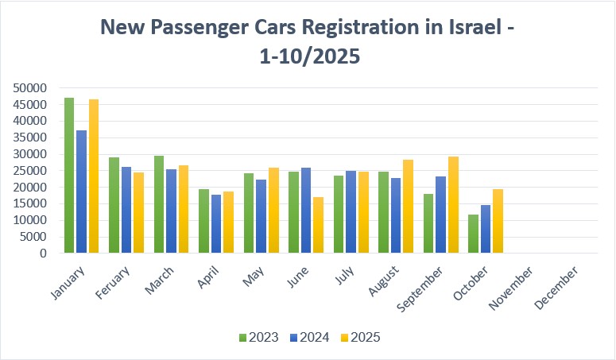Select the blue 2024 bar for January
pyautogui.click(x=81, y=192)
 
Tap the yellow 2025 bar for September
pyautogui.click(x=453, y=205)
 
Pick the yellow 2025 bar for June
pyautogui.click(x=319, y=226)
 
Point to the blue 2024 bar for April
pyautogui.click(x=215, y=224)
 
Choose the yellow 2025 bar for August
pyautogui.click(x=409, y=207)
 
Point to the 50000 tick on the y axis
pyautogui.click(x=30, y=88)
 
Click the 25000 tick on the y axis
pyautogui.click(x=30, y=171)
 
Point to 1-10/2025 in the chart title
pyautogui.click(x=308, y=58)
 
